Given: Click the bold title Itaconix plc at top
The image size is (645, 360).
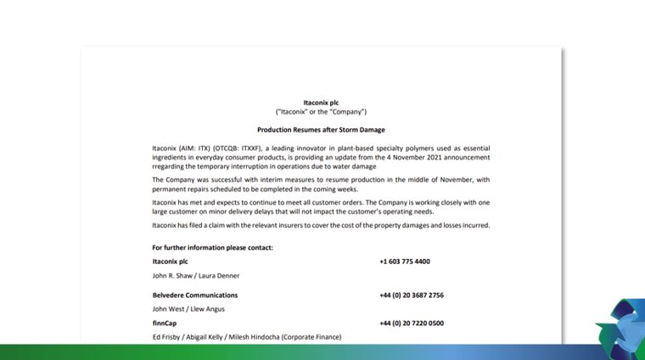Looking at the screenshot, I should [321, 102].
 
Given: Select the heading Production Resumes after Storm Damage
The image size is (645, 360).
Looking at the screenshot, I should [321, 130].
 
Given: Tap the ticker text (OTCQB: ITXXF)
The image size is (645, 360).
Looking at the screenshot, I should [243, 148].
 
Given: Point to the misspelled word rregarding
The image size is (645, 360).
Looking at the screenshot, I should [170, 166].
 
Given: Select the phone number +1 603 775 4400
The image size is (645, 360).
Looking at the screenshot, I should [405, 262].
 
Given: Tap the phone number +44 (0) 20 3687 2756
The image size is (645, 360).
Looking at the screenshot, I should [412, 295].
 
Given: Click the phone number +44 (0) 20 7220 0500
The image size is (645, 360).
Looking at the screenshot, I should [412, 323].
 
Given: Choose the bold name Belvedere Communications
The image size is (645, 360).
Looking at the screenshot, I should [195, 295].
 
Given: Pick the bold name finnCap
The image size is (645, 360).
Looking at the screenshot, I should [165, 323].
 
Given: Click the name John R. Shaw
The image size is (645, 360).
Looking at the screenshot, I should [171, 276].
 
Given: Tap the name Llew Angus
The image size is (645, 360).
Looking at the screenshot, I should [207, 309].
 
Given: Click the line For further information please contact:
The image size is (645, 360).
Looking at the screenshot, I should [212, 247].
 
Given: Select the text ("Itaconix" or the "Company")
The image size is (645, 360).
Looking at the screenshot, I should [321, 111].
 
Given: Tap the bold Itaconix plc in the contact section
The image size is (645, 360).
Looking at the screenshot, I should [170, 262].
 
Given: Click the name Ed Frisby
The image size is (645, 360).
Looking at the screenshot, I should [169, 337].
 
